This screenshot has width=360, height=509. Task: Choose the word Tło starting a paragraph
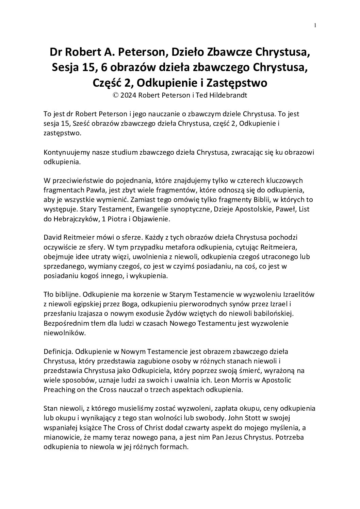pyautogui.click(x=48, y=293)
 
